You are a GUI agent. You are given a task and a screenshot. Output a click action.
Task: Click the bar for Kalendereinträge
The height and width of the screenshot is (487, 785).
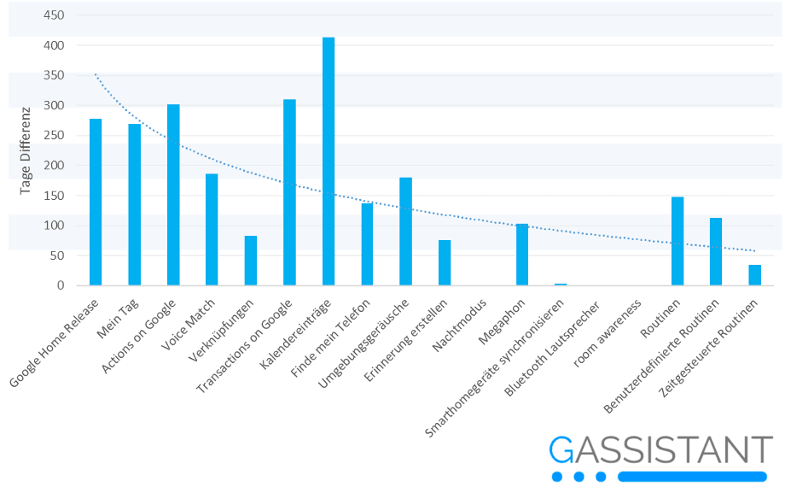point(329,162)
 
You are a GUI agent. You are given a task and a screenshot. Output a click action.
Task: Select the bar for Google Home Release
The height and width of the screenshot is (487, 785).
point(96,202)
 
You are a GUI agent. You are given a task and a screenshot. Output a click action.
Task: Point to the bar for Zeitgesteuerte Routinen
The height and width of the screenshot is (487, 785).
point(755,275)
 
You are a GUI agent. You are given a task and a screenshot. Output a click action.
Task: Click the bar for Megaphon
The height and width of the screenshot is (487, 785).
point(522,255)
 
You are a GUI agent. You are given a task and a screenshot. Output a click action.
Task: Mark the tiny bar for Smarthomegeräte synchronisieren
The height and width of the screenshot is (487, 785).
point(561,284)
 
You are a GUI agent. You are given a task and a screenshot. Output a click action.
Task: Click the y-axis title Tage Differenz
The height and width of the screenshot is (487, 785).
point(26,151)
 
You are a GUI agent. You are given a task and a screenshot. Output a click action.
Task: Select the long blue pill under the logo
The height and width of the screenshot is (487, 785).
point(692,476)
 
